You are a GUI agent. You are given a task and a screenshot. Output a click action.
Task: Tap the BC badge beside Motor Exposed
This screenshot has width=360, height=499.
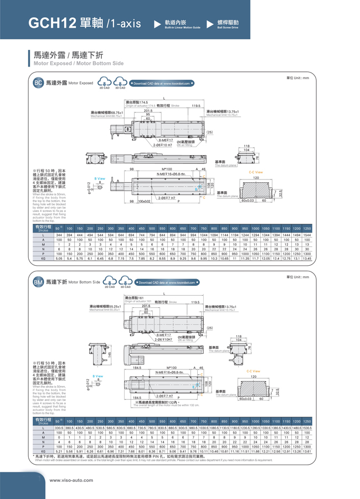click(x=38, y=83)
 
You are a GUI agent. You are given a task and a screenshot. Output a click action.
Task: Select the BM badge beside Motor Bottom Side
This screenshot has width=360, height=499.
click(x=38, y=282)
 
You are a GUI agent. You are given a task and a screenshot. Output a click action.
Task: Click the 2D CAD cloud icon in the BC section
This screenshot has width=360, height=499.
click(x=104, y=83)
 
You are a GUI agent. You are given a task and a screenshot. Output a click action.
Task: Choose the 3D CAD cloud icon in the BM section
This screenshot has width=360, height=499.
click(x=125, y=282)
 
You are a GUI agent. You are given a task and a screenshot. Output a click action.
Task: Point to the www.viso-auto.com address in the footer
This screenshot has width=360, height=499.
click(x=71, y=480)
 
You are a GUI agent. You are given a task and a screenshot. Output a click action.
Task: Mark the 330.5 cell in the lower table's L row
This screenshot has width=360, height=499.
click(x=59, y=428)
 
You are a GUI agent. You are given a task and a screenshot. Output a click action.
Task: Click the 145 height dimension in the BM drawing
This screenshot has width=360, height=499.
click(x=111, y=354)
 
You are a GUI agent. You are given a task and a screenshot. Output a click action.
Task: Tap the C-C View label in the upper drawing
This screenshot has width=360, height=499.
click(x=255, y=172)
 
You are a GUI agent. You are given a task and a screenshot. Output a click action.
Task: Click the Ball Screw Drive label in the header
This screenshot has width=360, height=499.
click(x=228, y=27)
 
